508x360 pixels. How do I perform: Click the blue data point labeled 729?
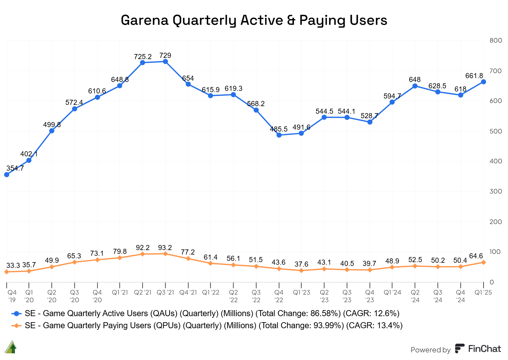pyautogui.click(x=166, y=62)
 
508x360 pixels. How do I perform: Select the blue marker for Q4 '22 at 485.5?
pyautogui.click(x=279, y=135)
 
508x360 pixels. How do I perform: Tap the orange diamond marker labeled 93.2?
pyautogui.click(x=166, y=254)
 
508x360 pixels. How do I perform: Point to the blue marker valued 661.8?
pyautogui.click(x=484, y=82)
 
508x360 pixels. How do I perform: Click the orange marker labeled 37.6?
pyautogui.click(x=301, y=271)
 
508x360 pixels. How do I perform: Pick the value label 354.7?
pyautogui.click(x=15, y=168)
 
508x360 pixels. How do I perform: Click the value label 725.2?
pyautogui.click(x=143, y=57)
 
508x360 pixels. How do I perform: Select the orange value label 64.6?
pyautogui.click(x=476, y=256)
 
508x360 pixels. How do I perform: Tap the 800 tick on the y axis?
pyautogui.click(x=496, y=40)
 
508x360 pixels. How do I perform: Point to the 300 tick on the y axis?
pyautogui.click(x=496, y=191)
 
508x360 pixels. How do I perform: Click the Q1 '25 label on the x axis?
pyautogui.click(x=483, y=292)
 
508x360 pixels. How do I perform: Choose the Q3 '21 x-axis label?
pyautogui.click(x=166, y=292)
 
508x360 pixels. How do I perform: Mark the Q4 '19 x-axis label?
pyautogui.click(x=12, y=296)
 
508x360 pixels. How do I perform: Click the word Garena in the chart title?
pyautogui.click(x=145, y=20)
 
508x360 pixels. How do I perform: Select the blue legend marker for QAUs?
pyautogui.click(x=17, y=314)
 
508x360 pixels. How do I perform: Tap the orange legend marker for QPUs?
pyautogui.click(x=17, y=326)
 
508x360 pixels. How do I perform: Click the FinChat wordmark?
pyautogui.click(x=484, y=349)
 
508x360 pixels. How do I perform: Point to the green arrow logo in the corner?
pyautogui.click(x=10, y=347)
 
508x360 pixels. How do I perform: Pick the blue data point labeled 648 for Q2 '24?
pyautogui.click(x=415, y=86)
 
